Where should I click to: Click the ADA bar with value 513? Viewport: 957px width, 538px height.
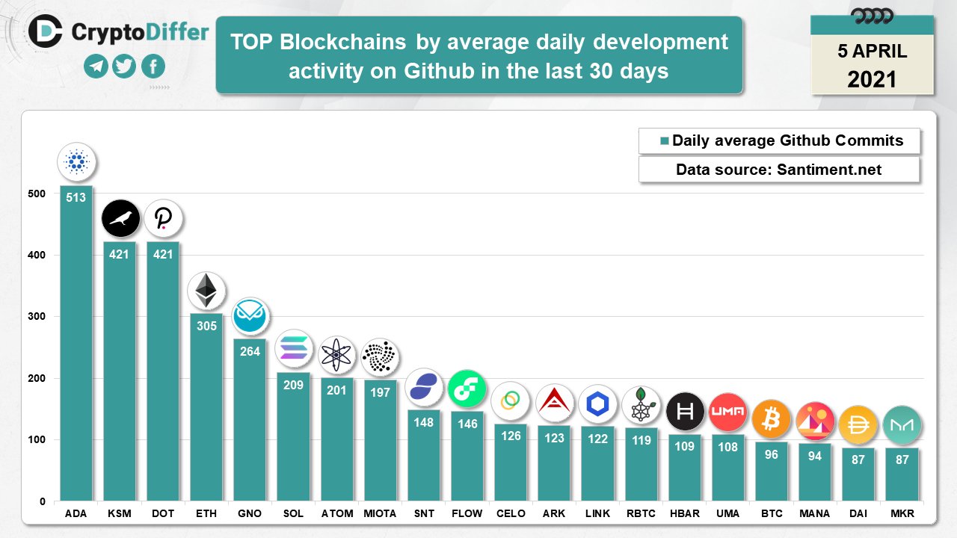76,344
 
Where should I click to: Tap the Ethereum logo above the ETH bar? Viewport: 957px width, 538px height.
206,291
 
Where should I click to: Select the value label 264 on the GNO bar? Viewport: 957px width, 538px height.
250,350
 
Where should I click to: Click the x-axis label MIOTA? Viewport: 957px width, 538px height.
380,513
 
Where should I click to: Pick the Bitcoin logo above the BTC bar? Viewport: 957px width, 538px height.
771,419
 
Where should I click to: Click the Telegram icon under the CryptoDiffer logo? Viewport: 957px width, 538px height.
96,67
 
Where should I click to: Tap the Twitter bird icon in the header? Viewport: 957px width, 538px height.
124,67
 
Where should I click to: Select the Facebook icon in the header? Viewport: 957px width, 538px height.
153,67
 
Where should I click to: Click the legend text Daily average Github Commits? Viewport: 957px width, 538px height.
787,140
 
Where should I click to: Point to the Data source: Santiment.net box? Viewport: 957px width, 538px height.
778,170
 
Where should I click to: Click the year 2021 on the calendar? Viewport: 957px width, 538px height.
872,78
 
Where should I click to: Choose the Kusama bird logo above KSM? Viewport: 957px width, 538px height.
120,219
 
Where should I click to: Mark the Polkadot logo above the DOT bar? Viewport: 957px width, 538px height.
163,219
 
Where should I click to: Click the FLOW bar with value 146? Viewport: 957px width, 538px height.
467,456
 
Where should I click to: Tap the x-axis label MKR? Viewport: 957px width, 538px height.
902,513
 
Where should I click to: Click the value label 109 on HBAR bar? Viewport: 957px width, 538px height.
684,447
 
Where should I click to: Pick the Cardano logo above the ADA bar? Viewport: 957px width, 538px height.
76,161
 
